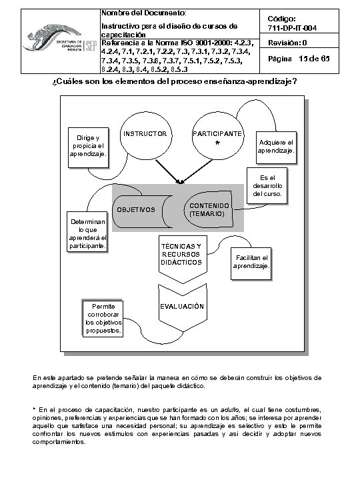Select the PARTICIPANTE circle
tap(217, 137)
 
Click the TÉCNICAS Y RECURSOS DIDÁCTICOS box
tap(181, 254)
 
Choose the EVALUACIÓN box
tap(181, 307)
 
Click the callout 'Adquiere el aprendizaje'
tap(276, 146)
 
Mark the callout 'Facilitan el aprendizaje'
tap(251, 262)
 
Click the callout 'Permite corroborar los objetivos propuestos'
tap(104, 319)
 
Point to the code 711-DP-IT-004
tap(297, 27)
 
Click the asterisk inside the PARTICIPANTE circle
tap(217, 144)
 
